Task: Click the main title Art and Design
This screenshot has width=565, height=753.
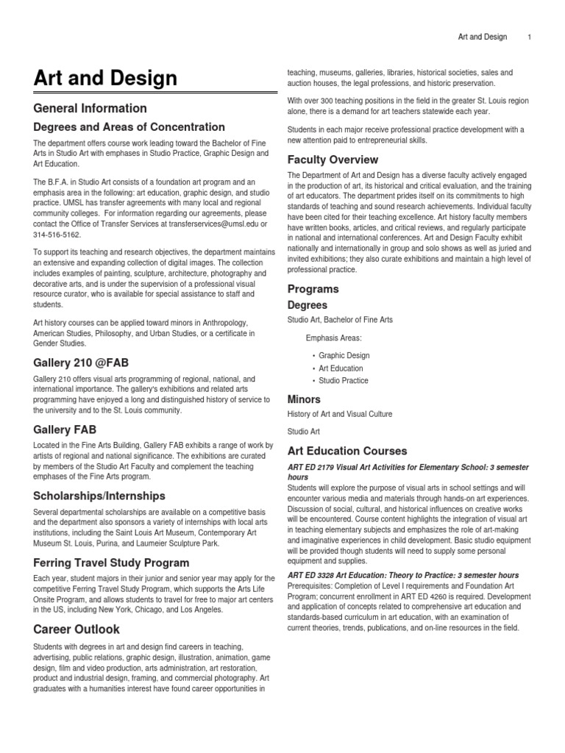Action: [x=105, y=79]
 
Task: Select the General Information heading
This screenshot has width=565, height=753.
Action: [x=90, y=108]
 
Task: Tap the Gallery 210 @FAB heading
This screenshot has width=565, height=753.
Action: [x=81, y=363]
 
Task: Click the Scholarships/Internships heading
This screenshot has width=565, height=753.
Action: [x=99, y=496]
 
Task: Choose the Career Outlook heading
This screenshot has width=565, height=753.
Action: [x=77, y=629]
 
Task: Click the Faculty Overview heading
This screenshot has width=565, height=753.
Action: [x=333, y=160]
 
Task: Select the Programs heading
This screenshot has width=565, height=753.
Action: [x=313, y=289]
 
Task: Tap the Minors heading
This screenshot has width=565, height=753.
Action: [x=304, y=399]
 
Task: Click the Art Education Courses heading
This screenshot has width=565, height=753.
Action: [x=347, y=451]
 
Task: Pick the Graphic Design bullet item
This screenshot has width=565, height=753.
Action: [x=344, y=355]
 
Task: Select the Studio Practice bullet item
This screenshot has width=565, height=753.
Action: [x=344, y=380]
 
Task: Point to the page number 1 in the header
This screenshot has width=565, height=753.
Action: [x=529, y=37]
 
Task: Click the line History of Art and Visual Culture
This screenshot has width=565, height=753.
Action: [x=339, y=414]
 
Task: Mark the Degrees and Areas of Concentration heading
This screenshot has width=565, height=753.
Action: [x=129, y=127]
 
